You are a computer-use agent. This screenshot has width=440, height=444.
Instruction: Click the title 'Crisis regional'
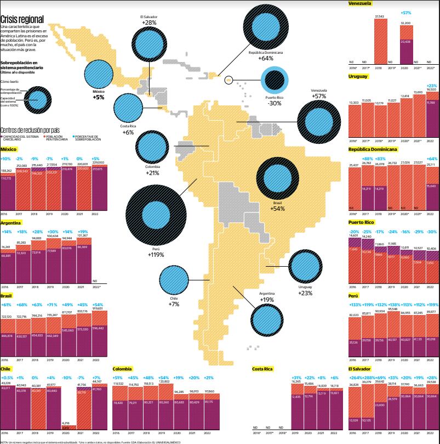[23, 18]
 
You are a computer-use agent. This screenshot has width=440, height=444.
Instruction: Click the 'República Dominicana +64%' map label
[266, 55]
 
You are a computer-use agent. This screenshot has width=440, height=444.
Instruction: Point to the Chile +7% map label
[174, 301]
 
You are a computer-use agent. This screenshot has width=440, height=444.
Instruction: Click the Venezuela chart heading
[360, 3]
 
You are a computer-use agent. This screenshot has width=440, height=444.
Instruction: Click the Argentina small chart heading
[11, 223]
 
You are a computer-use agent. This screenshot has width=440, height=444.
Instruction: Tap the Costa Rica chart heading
[263, 369]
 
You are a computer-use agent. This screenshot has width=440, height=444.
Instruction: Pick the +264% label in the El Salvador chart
[354, 378]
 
